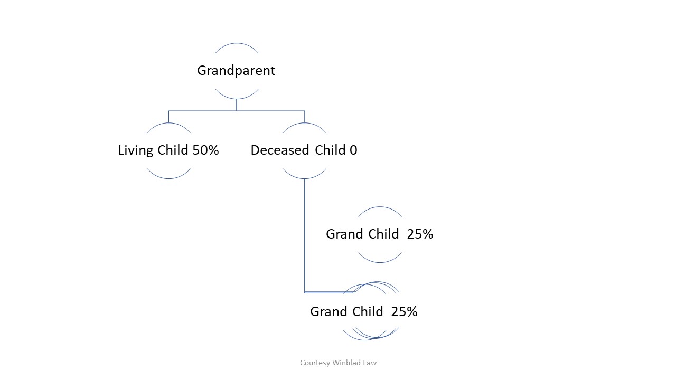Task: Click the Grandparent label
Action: pyautogui.click(x=236, y=71)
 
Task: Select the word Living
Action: pyautogui.click(x=136, y=150)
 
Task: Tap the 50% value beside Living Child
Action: pyautogui.click(x=205, y=150)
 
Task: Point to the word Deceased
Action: pyautogui.click(x=280, y=150)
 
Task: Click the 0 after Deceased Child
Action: pyautogui.click(x=353, y=150)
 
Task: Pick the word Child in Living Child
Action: pyautogui.click(x=173, y=150)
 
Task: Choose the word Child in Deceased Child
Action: pyautogui.click(x=330, y=150)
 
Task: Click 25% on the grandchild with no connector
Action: pyautogui.click(x=420, y=234)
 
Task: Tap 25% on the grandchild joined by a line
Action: pyautogui.click(x=405, y=311)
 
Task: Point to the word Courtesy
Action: pyautogui.click(x=315, y=363)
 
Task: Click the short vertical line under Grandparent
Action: pyautogui.click(x=237, y=105)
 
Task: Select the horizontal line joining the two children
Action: pyautogui.click(x=237, y=111)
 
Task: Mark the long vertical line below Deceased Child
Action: pyautogui.click(x=304, y=235)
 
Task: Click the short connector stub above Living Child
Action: pyautogui.click(x=168, y=117)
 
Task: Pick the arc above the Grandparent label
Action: pyautogui.click(x=237, y=43)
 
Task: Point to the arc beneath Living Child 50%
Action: pyautogui.click(x=168, y=178)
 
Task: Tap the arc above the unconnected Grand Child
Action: pyautogui.click(x=380, y=207)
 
